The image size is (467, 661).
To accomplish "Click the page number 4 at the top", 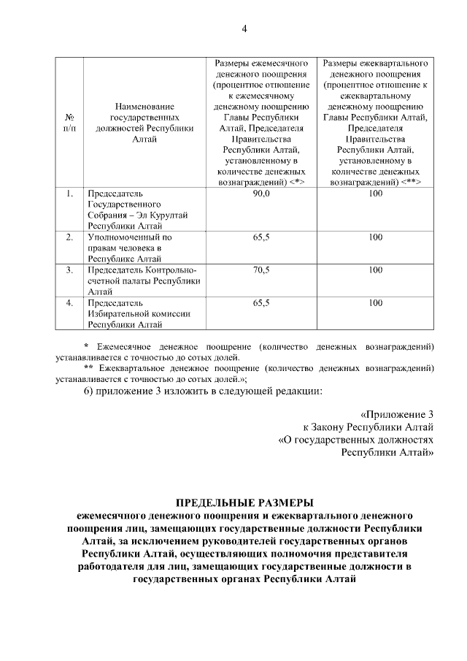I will click(244, 28).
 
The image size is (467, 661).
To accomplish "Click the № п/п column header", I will click(70, 121).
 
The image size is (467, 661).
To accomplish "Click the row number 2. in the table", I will click(69, 237).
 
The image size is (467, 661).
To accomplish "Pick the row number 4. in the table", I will click(69, 302).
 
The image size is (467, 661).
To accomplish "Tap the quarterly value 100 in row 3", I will click(375, 270).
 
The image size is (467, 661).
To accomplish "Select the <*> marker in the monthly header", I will click(296, 180).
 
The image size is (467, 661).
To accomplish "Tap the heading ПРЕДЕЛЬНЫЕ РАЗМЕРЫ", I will click(244, 503).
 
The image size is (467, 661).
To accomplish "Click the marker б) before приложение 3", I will click(88, 391).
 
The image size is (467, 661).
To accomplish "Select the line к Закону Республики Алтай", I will click(368, 426).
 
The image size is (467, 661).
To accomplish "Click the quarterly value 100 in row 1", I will click(375, 194).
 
